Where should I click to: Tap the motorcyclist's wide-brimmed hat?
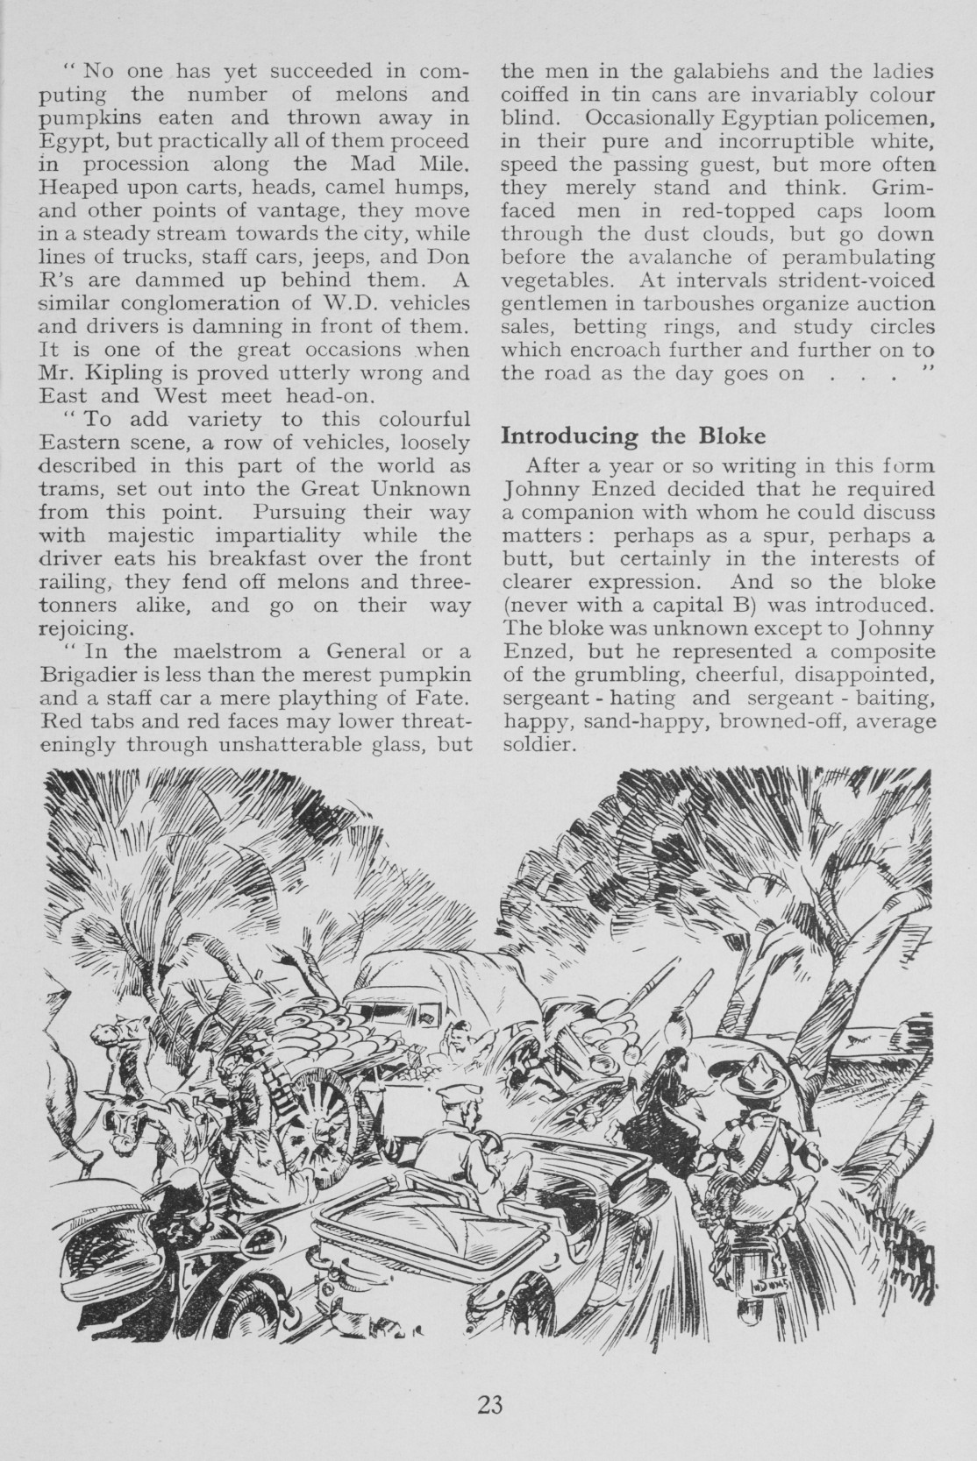click(x=750, y=1073)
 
